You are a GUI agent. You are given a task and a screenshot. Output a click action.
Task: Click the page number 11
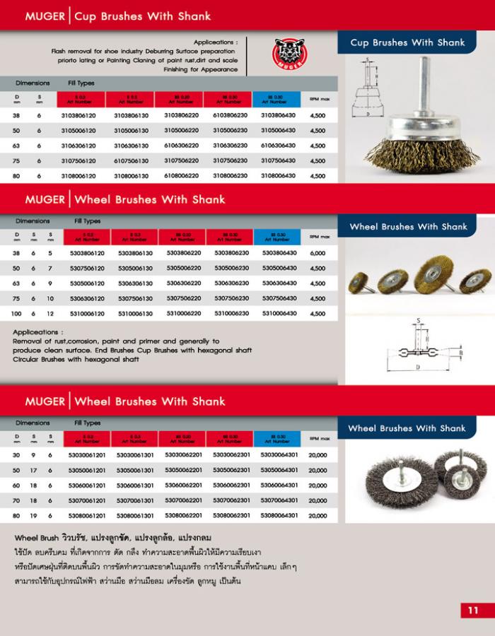(x=473, y=610)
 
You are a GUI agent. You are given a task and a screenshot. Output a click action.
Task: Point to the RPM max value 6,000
(x=318, y=253)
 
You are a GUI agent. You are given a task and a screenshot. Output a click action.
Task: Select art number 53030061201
(x=87, y=454)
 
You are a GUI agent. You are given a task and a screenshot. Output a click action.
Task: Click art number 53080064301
(x=279, y=516)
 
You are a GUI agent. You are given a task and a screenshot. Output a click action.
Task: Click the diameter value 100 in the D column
(x=16, y=313)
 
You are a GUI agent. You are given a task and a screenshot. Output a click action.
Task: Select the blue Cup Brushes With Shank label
(x=407, y=43)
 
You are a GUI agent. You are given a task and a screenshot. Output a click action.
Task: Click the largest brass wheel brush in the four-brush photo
(x=433, y=271)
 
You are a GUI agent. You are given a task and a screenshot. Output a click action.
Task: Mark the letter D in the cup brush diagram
(x=368, y=113)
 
